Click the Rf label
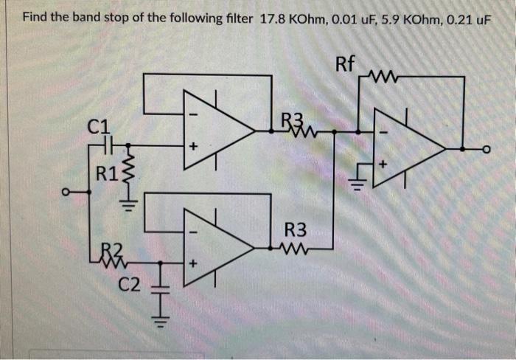point(346,63)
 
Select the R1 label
point(107,175)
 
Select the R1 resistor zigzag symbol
point(127,174)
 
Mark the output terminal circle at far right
point(487,148)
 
